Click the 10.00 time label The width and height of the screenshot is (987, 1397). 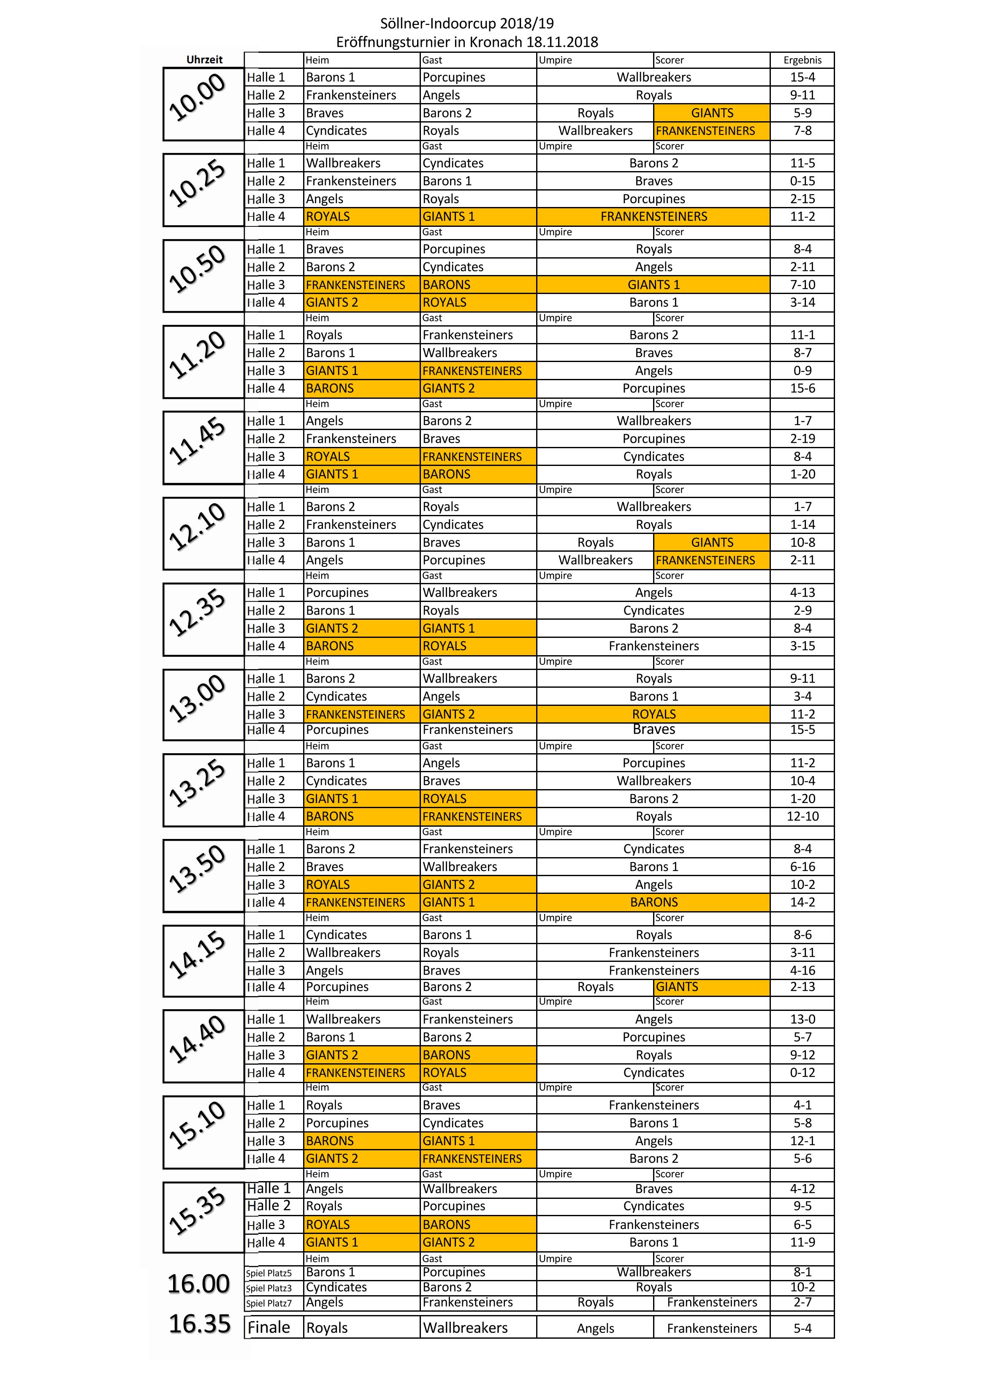click(x=197, y=97)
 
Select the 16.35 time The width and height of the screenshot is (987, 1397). click(x=199, y=1324)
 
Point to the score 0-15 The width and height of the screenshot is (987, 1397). click(x=802, y=181)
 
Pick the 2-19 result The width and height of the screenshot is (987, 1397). click(x=802, y=438)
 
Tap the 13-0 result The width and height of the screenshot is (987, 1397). click(x=802, y=1019)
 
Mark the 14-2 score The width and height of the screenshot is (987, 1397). click(x=802, y=902)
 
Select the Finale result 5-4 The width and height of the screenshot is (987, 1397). click(x=802, y=1328)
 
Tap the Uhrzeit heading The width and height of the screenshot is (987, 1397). click(x=204, y=60)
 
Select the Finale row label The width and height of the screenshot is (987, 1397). click(x=269, y=1327)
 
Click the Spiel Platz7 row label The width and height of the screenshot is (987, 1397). click(x=269, y=1303)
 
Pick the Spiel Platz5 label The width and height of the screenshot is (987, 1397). click(x=269, y=1273)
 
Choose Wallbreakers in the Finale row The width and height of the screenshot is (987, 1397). click(x=465, y=1328)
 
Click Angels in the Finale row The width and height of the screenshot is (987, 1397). click(x=595, y=1328)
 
